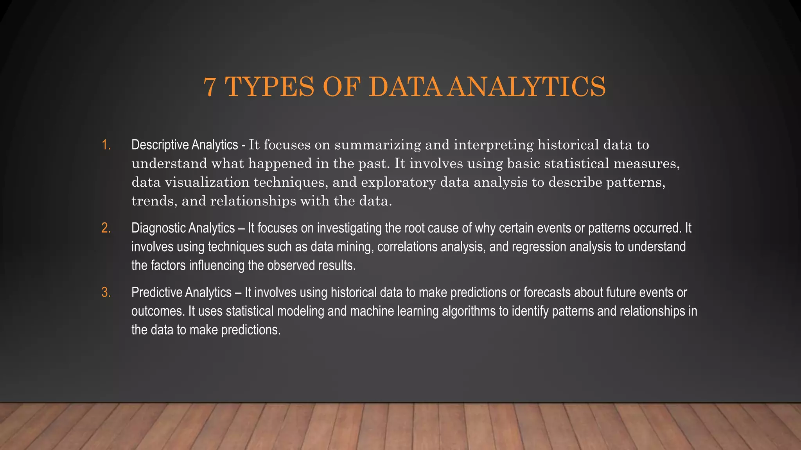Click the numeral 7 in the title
pyautogui.click(x=210, y=87)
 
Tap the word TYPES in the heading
pyautogui.click(x=269, y=87)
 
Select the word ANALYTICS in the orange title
pyautogui.click(x=527, y=87)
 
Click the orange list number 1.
pyautogui.click(x=106, y=145)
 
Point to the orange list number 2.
pyautogui.click(x=106, y=228)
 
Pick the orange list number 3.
pyautogui.click(x=106, y=293)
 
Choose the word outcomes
pyautogui.click(x=158, y=311)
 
